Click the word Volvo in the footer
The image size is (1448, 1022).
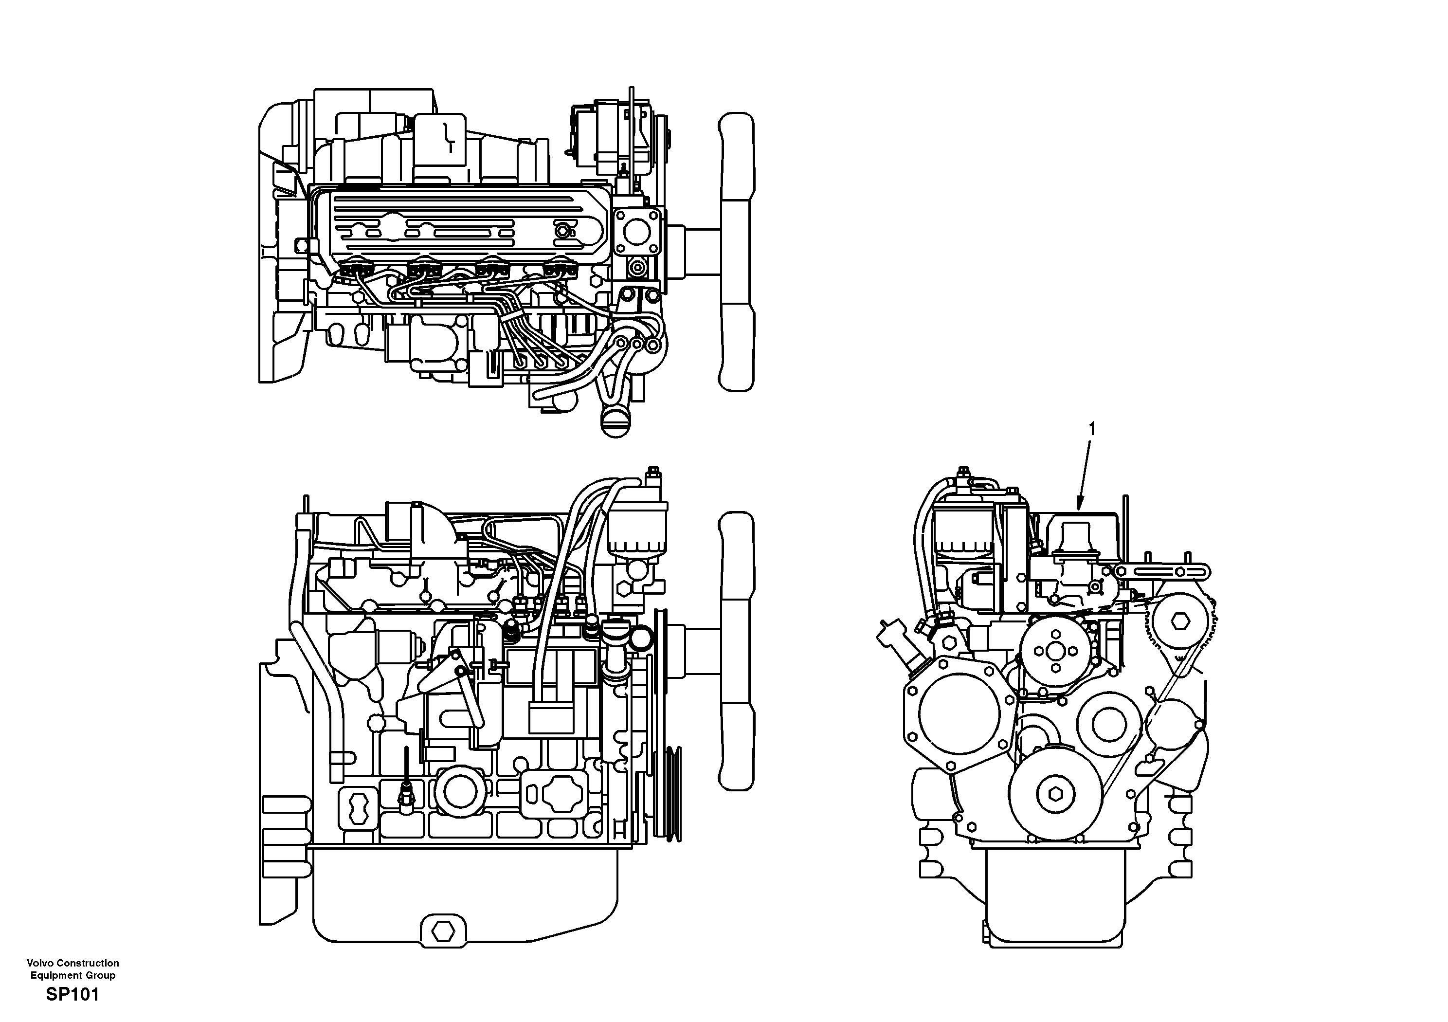(x=40, y=963)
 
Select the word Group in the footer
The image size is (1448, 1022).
(x=101, y=975)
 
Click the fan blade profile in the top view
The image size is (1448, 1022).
(x=737, y=253)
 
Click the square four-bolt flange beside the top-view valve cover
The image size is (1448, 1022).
(x=637, y=233)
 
